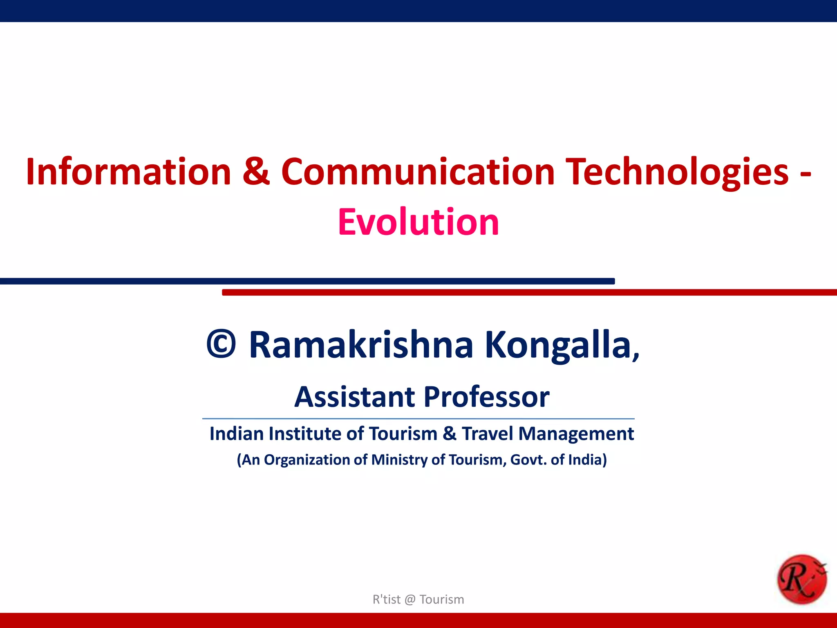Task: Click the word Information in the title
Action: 128,172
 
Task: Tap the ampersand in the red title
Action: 256,172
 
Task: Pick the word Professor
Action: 486,397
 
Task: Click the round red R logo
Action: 801,579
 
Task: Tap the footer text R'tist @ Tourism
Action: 418,599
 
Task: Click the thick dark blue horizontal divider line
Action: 307,281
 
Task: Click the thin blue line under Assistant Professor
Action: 418,419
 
